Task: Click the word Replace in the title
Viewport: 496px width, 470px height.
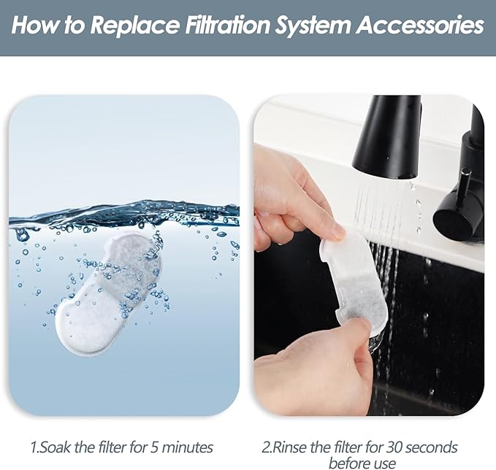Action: point(134,26)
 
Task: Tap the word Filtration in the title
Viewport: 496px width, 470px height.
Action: point(227,25)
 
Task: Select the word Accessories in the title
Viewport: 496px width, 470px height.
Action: point(420,25)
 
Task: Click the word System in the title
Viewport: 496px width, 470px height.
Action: point(313,26)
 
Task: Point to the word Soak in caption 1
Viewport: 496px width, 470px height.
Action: point(56,447)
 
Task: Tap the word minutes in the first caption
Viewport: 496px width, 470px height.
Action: point(188,447)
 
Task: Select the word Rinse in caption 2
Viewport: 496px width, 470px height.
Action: point(289,447)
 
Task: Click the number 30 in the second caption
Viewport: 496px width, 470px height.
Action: point(394,447)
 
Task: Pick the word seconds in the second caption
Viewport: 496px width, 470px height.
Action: point(432,447)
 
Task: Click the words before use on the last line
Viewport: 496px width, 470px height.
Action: point(362,463)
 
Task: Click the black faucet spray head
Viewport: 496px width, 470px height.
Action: point(386,136)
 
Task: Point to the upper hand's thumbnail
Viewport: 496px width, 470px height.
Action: point(337,231)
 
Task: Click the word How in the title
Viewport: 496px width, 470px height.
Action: point(35,25)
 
